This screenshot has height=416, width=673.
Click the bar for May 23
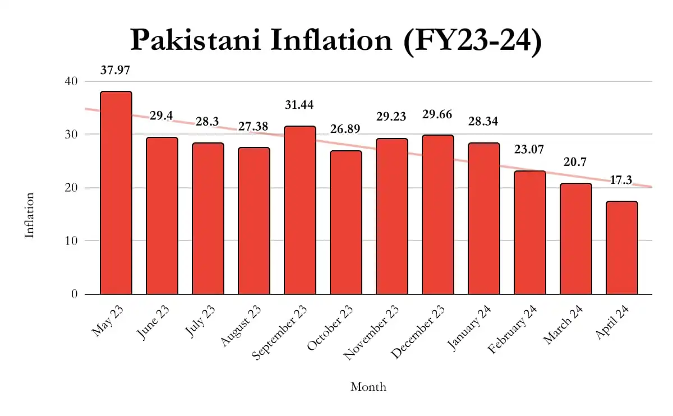116,193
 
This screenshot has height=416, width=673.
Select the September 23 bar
300,210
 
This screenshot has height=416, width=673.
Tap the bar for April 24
622,248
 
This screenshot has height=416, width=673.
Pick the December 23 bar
438,215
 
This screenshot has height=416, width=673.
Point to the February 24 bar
530,233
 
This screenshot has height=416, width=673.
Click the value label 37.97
116,71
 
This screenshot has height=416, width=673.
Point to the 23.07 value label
530,150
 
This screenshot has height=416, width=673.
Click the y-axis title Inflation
30,215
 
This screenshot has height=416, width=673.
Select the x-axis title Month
368,387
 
